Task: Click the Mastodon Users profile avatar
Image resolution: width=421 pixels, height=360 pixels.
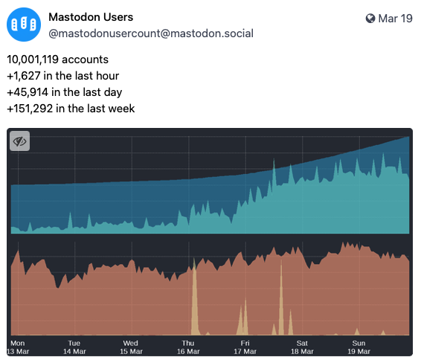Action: [x=22, y=24]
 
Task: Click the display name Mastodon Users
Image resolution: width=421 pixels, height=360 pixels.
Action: [x=91, y=16]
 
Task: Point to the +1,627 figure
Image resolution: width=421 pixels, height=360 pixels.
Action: [x=24, y=76]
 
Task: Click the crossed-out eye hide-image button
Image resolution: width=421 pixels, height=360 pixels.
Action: [x=19, y=141]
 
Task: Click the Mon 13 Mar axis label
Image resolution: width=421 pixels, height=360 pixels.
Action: [x=18, y=347]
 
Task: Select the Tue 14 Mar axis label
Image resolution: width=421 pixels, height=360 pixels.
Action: [x=74, y=347]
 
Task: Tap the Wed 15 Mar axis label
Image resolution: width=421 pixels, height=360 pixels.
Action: [x=131, y=347]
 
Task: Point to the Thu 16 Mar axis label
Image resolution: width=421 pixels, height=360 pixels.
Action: [x=188, y=347]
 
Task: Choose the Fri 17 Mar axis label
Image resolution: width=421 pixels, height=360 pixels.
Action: [x=245, y=347]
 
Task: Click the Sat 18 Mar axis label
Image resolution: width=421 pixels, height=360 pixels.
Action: [x=301, y=347]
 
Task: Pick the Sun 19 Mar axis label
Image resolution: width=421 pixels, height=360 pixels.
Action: [x=359, y=347]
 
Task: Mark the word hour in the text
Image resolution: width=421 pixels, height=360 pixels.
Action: [x=106, y=76]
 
